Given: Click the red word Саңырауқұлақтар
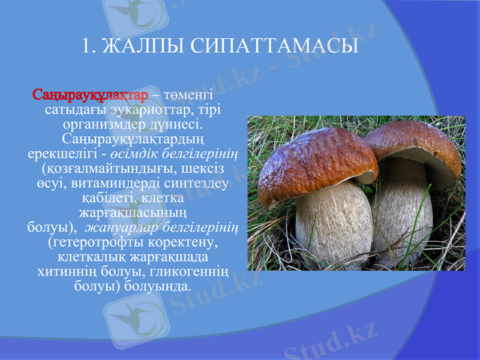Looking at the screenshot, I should coord(90,95).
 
